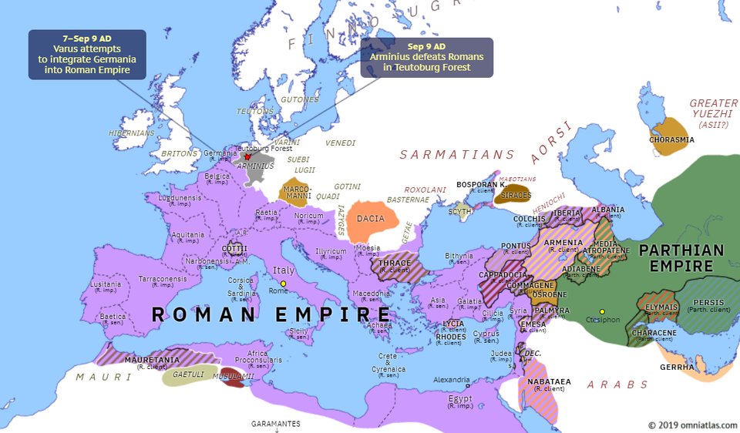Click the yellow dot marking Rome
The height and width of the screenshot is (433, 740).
(283, 284)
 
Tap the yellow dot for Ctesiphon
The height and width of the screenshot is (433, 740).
(602, 312)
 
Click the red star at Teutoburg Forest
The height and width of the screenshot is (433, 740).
(247, 156)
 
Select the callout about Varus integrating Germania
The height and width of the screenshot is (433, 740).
(86, 55)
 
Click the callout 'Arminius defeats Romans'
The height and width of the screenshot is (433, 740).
(426, 58)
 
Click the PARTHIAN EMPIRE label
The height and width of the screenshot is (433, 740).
(681, 258)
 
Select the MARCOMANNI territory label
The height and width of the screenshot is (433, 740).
(297, 192)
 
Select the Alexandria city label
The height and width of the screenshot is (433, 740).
(451, 379)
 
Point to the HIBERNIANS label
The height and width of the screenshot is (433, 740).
(132, 133)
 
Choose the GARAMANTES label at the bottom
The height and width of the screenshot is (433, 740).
(275, 424)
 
